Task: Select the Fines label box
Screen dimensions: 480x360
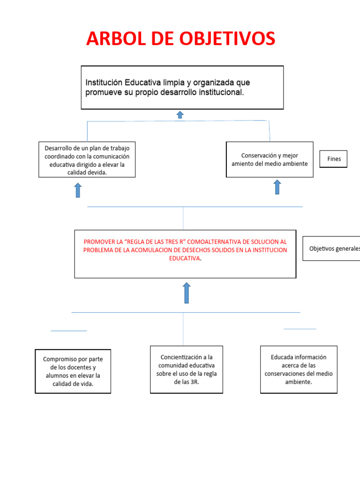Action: [334, 159]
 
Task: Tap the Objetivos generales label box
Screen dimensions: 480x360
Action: [331, 248]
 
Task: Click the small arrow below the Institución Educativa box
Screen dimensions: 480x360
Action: [180, 115]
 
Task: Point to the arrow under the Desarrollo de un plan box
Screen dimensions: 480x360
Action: [78, 190]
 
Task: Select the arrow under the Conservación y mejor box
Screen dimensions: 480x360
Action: [277, 187]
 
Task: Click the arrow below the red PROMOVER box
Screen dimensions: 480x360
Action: [187, 293]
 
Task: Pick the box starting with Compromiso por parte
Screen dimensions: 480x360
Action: [73, 371]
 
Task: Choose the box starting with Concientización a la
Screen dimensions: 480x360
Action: [186, 369]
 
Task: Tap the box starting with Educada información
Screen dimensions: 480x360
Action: [299, 369]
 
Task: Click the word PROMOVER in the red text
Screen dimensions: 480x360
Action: [99, 242]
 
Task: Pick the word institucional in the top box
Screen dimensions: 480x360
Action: [219, 92]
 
